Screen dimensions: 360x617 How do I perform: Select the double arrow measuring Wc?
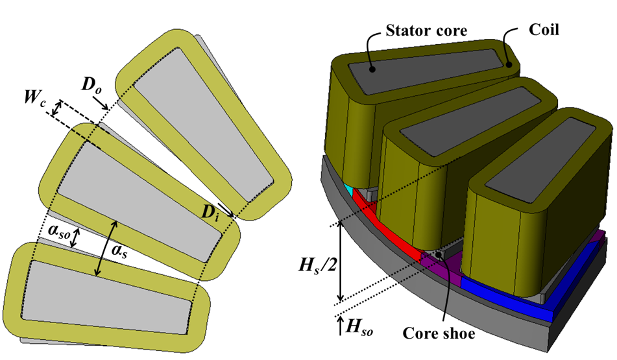click(58, 112)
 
